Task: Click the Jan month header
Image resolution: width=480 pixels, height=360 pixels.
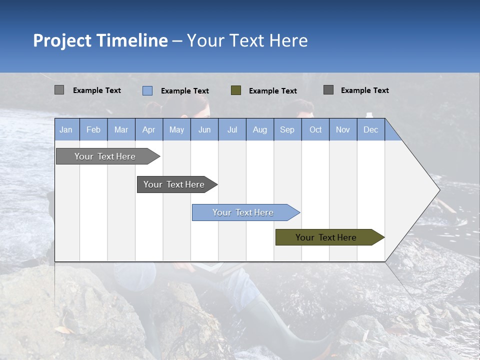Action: (66, 129)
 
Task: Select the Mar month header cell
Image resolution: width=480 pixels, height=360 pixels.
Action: (121, 129)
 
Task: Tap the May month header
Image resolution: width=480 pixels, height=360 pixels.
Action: (176, 129)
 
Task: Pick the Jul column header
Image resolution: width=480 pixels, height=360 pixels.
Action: (232, 129)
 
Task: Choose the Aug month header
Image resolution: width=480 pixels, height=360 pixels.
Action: (259, 129)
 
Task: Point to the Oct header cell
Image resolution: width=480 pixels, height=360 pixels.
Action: (315, 129)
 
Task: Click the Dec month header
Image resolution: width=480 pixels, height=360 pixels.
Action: (370, 129)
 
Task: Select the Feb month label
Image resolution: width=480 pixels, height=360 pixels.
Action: (93, 129)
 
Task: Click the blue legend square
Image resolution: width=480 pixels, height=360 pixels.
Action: (147, 90)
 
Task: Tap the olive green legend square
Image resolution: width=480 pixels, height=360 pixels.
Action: (236, 90)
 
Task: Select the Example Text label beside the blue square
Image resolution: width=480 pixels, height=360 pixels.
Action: (184, 91)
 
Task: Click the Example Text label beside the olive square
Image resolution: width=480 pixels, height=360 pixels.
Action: (272, 91)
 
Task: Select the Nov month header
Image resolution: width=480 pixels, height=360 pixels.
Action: (342, 129)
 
